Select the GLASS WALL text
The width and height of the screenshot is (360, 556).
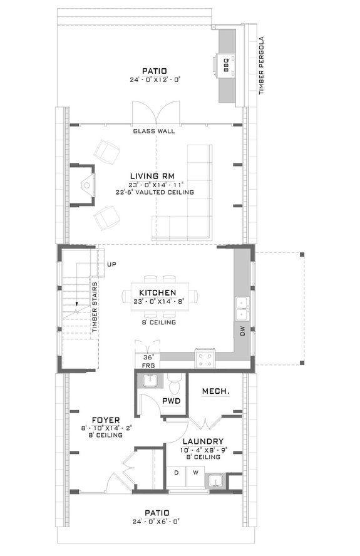point(154,131)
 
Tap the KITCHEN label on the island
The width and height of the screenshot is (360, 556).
point(157,292)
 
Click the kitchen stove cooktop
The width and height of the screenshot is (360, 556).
point(205,358)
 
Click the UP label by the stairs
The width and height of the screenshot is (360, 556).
point(111,264)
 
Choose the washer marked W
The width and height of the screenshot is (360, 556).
point(195,473)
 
